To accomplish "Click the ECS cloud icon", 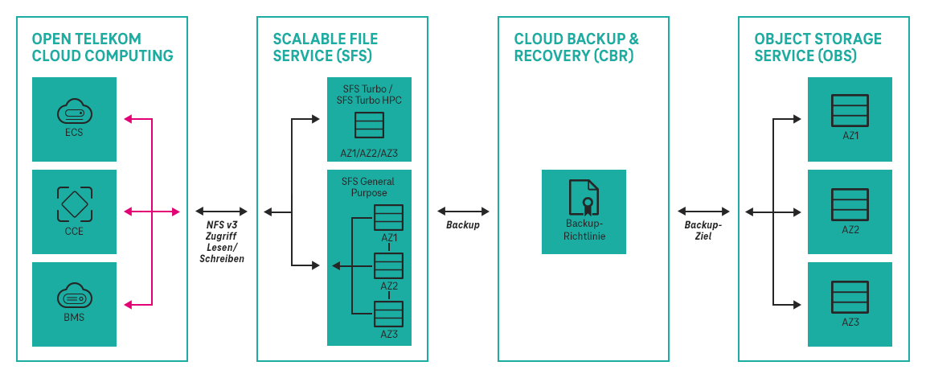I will click(74, 111).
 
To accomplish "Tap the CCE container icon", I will click(74, 203).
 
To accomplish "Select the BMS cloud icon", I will click(74, 296).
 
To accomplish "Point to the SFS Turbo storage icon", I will click(369, 125).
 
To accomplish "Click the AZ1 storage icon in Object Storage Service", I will click(850, 111).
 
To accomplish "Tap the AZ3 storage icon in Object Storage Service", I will click(850, 297).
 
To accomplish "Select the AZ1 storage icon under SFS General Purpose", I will click(389, 217).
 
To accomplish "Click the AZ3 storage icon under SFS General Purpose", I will click(389, 313).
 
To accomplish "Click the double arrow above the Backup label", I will click(463, 212).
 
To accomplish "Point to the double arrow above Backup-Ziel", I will click(703, 212).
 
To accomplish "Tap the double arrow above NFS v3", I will click(222, 212).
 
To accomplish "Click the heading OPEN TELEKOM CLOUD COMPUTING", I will click(102, 47).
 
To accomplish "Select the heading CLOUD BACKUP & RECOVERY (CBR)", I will click(576, 47).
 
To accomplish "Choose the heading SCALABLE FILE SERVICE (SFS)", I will click(325, 47).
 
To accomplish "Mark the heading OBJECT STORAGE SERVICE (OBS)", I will click(817, 47).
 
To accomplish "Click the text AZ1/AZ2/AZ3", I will click(369, 153).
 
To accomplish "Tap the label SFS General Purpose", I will click(369, 187).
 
